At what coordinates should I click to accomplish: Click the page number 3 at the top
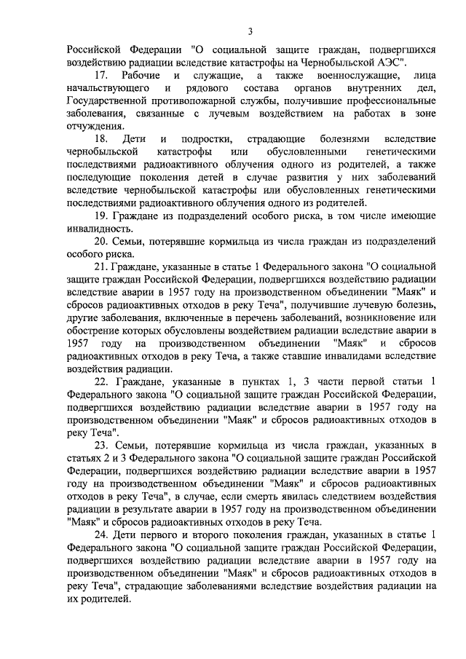250,31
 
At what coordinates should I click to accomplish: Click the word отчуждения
95,125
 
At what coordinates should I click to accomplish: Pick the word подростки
205,138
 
